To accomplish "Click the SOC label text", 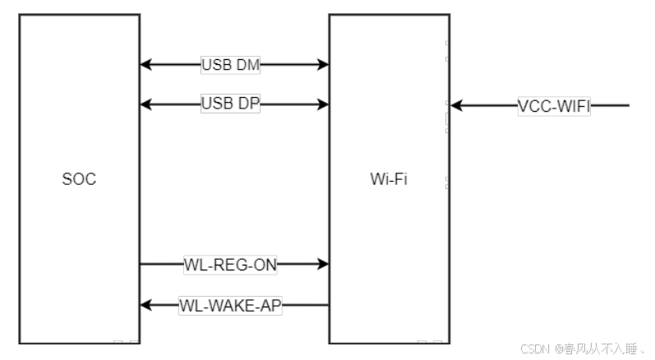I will (x=79, y=179).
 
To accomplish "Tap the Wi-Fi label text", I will (x=389, y=179).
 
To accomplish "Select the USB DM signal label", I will (x=230, y=64).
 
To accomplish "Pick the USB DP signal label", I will (x=230, y=104).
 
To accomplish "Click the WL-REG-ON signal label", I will (x=231, y=264).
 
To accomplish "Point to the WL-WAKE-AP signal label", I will (x=231, y=305).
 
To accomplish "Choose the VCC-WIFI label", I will (x=554, y=105).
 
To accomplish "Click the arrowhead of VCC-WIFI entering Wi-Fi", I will (x=456, y=105).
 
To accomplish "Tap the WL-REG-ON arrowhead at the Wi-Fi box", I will (x=323, y=264).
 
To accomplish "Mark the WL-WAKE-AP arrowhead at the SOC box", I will (x=145, y=305).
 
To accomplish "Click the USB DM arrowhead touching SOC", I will (x=145, y=64).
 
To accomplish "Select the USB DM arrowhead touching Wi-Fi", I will (x=323, y=64).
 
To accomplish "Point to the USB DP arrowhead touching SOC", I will (x=145, y=104).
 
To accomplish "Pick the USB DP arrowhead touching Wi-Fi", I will (x=323, y=104).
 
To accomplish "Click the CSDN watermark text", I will (x=535, y=348).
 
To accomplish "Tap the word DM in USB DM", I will (x=247, y=64).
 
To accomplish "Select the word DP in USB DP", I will (x=247, y=104).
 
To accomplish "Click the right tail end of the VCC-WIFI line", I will (x=629, y=105).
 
